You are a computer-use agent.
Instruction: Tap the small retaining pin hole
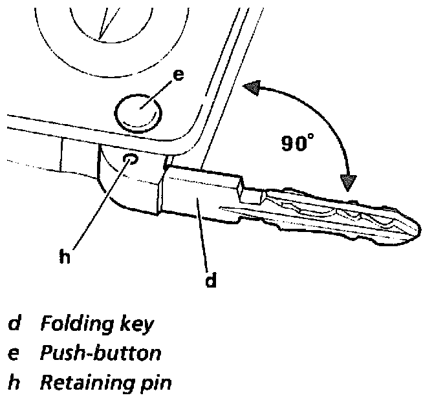point(131,159)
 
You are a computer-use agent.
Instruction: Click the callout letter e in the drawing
point(179,75)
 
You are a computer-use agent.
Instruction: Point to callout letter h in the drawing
point(63,256)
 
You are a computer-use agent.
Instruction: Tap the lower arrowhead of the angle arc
point(349,182)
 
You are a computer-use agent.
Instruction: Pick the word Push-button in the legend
point(100,353)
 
